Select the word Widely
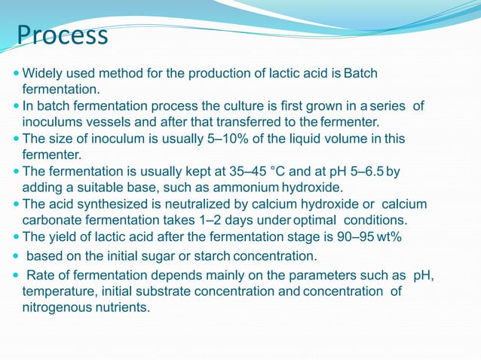41,74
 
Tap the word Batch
360,74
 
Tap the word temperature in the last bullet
57,291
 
